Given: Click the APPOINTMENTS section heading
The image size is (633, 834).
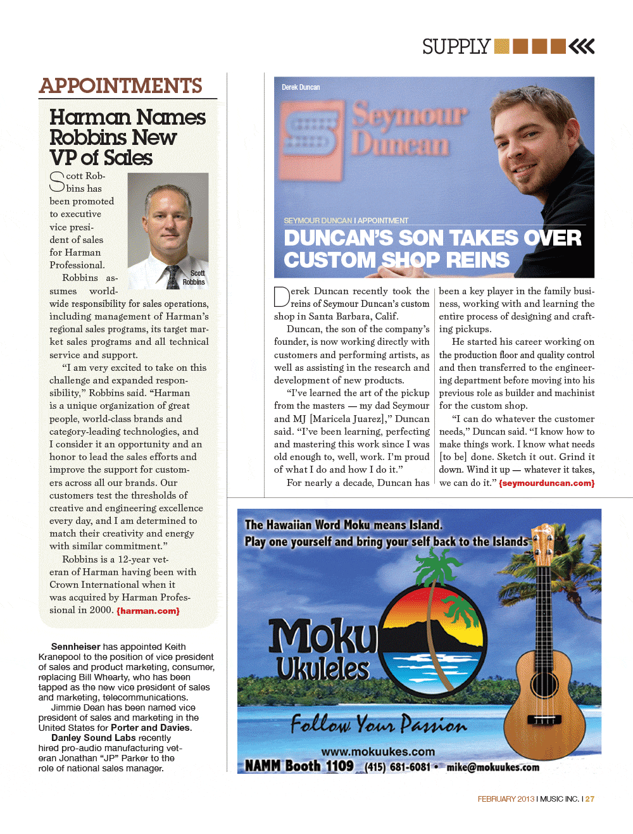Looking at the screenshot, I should (121, 86).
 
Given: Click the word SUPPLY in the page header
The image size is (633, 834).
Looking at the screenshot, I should (456, 47).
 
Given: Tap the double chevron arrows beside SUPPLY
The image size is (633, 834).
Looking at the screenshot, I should (582, 46).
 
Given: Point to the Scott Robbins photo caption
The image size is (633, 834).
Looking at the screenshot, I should (194, 278).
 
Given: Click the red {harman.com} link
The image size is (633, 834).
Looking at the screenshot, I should (148, 611).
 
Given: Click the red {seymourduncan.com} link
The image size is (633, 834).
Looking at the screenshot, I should (546, 483).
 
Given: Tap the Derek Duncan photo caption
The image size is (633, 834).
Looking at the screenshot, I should (301, 87).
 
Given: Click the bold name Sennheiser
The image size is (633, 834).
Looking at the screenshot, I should (75, 647).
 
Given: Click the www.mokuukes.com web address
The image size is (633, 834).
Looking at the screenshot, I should (378, 752).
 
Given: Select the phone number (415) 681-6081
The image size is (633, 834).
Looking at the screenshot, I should (397, 767).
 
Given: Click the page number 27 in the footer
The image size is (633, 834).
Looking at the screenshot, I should (590, 799).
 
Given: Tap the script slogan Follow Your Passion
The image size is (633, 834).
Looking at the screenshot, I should (378, 723).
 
